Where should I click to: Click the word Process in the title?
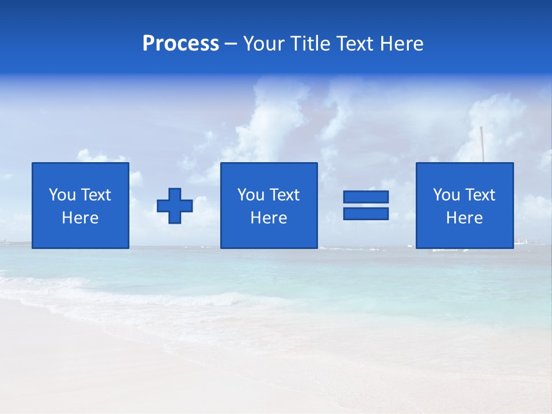coord(181,44)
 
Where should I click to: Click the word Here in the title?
coord(402,44)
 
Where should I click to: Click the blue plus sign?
coord(175,206)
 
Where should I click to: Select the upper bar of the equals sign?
coord(366,197)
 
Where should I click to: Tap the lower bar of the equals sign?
coord(366,214)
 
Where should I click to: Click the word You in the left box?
coord(62,195)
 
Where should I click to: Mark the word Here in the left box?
coord(80,218)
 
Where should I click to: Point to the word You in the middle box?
coord(251,195)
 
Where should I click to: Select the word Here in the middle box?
coord(269,218)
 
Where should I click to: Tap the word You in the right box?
coord(446,195)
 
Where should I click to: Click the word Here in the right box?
coord(464,218)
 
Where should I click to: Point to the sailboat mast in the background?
coord(482,144)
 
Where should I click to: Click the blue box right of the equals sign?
coord(465,236)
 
